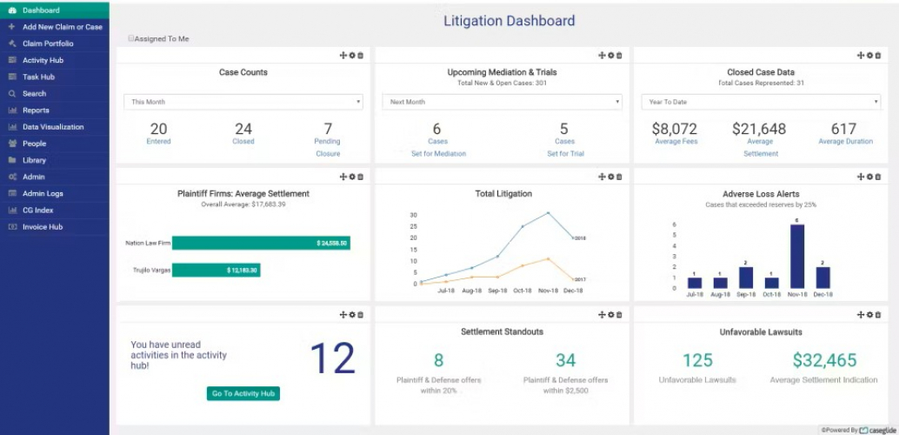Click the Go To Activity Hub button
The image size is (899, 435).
click(243, 393)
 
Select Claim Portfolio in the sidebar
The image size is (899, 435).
click(48, 43)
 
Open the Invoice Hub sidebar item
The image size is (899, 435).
click(43, 227)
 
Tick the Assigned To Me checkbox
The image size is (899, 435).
click(131, 38)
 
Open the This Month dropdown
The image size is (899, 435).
click(243, 102)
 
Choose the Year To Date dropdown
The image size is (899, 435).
click(761, 102)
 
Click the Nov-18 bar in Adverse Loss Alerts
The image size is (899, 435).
click(796, 256)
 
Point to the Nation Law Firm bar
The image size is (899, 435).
click(261, 244)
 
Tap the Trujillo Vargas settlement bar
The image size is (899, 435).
click(216, 271)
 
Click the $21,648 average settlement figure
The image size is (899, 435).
click(759, 129)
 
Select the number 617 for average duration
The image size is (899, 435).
click(843, 129)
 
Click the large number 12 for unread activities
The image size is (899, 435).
click(332, 358)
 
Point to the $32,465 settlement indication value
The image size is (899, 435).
click(824, 360)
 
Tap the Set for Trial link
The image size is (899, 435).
click(565, 154)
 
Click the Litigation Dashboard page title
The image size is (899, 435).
click(509, 21)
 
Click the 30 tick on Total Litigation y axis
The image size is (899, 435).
click(414, 215)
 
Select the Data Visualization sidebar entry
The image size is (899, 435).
click(53, 127)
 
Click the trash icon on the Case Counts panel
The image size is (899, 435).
click(361, 56)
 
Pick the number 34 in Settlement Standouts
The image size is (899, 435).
click(565, 360)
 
